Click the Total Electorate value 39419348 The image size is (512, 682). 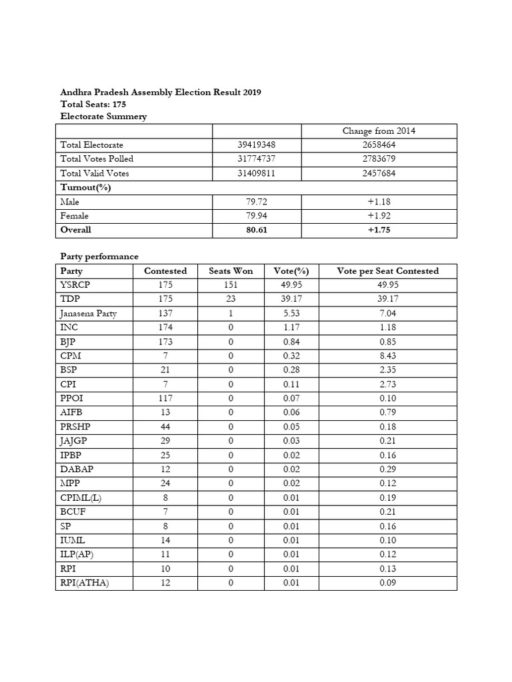pos(256,145)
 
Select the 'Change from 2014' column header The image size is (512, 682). pos(379,131)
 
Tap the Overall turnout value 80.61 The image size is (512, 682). pos(256,230)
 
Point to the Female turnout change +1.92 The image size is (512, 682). pos(379,216)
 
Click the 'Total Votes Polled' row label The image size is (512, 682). pos(97,159)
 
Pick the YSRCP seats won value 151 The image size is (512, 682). pos(230,285)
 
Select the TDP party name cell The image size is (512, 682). pos(70,299)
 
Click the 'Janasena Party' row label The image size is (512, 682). pos(89,314)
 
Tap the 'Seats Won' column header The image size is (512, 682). pos(230,271)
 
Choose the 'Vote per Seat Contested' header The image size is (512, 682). pos(388,271)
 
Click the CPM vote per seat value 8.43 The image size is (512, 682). pos(388,356)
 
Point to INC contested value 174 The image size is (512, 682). pos(165,328)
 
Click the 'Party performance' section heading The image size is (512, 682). pos(99,256)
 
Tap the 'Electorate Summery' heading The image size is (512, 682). pos(103,117)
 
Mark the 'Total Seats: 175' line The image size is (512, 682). pos(93,105)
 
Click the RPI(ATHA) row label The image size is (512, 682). pos(85,583)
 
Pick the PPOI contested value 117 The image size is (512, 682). pos(165,398)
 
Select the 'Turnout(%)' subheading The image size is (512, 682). pos(85,187)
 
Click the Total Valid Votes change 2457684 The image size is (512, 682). pos(379,173)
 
